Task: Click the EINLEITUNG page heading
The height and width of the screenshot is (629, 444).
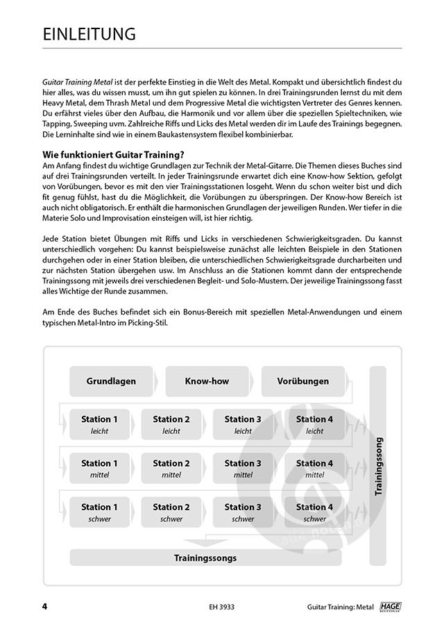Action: pyautogui.click(x=89, y=34)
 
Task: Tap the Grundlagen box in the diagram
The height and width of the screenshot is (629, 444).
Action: pyautogui.click(x=111, y=381)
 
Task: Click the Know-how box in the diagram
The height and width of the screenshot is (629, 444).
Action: pyautogui.click(x=206, y=381)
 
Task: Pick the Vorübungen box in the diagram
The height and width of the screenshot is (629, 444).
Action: pyautogui.click(x=303, y=381)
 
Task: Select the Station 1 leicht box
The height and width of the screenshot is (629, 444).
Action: pyautogui.click(x=100, y=424)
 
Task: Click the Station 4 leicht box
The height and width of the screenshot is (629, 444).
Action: pyautogui.click(x=315, y=424)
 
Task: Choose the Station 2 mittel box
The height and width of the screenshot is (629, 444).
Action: pyautogui.click(x=171, y=469)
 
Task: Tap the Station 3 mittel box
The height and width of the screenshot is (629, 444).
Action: pyautogui.click(x=243, y=469)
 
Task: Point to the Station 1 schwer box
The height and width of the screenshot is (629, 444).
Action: pyautogui.click(x=100, y=512)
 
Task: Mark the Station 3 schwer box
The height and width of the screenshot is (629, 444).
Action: pyautogui.click(x=243, y=512)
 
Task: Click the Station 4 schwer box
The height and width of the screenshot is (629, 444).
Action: pyautogui.click(x=315, y=512)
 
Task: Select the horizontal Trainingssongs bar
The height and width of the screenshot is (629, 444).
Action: pyautogui.click(x=205, y=557)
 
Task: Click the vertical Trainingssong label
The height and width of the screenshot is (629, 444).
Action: pyautogui.click(x=379, y=466)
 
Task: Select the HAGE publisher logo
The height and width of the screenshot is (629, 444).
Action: pyautogui.click(x=392, y=606)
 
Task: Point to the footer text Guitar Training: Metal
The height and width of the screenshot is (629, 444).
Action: pyautogui.click(x=339, y=607)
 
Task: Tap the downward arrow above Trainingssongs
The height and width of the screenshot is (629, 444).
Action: pyautogui.click(x=206, y=541)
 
